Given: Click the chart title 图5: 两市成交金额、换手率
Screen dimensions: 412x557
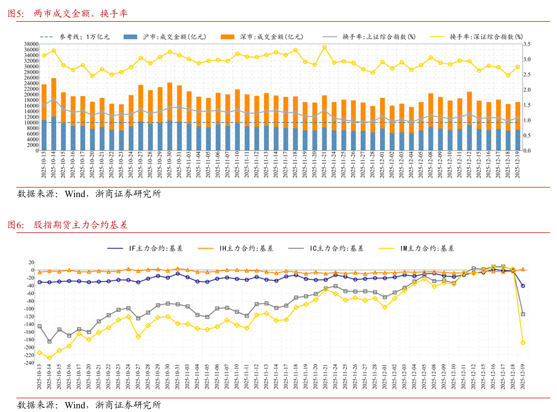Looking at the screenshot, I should tap(67, 14).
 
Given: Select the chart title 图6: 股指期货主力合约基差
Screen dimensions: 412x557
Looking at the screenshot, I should tap(67, 225).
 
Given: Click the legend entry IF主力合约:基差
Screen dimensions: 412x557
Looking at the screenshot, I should tap(149, 248).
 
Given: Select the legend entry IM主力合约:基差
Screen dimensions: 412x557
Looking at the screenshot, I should tap(418, 248).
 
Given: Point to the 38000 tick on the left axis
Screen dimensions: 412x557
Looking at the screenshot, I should tap(31, 44).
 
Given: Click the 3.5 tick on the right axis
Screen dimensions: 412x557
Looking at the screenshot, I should tap(527, 44).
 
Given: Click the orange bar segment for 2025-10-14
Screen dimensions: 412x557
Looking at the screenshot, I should tap(53, 97).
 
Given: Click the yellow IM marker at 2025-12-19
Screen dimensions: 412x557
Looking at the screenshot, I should tap(523, 343).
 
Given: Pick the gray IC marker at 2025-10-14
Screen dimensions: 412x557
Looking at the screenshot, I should tap(49, 341).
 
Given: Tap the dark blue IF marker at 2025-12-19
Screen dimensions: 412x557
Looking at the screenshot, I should tap(523, 286).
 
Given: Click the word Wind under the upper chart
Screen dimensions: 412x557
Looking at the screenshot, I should tap(75, 194).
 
